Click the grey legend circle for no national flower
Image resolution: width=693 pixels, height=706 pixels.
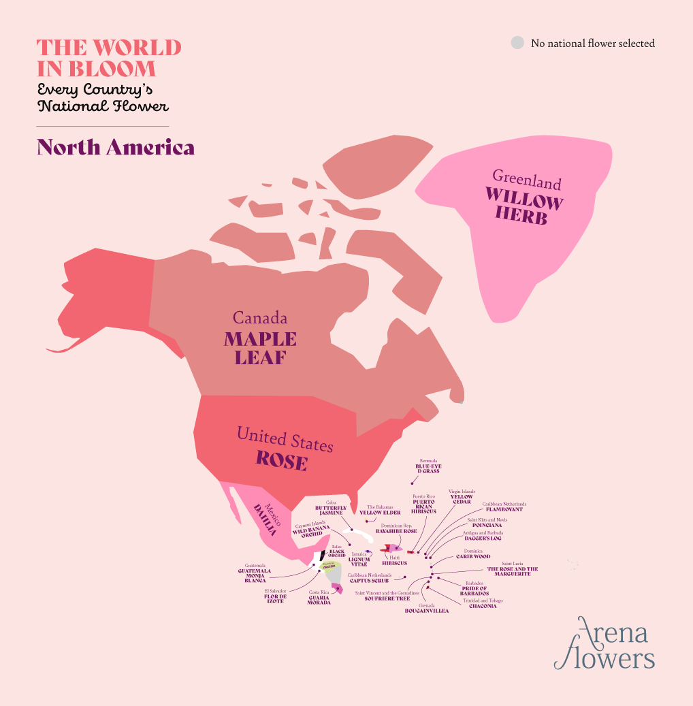coord(517,43)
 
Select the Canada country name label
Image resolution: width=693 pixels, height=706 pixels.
coord(260,318)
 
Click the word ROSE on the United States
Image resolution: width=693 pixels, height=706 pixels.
coord(281,461)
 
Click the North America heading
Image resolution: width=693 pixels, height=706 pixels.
coord(116,147)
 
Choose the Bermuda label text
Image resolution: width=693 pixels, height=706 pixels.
coord(428,461)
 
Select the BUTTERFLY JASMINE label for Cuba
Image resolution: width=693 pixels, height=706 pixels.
coord(331,511)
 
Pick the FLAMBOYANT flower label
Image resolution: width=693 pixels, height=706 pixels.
coord(504,509)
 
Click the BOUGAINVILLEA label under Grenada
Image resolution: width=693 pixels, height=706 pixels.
coord(427,611)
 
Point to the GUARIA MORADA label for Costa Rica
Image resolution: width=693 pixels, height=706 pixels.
coord(319,600)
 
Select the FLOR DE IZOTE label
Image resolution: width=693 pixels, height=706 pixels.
coord(276,599)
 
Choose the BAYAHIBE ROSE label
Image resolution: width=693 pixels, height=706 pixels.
coord(396,531)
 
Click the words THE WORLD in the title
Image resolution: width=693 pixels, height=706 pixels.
coord(109,48)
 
